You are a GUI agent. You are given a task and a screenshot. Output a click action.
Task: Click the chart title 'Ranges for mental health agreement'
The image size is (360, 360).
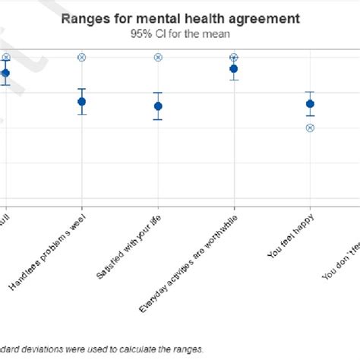pyautogui.click(x=180, y=17)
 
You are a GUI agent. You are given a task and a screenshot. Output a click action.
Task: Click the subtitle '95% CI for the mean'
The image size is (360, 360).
pyautogui.click(x=180, y=33)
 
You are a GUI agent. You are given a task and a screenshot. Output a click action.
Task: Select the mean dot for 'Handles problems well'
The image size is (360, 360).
pyautogui.click(x=82, y=102)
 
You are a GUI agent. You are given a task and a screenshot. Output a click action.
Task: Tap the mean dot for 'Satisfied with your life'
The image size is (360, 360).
pyautogui.click(x=158, y=106)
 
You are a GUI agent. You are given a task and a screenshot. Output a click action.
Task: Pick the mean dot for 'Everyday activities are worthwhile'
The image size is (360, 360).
pyautogui.click(x=234, y=69)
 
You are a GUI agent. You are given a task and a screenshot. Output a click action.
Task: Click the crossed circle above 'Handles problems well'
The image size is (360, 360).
pyautogui.click(x=82, y=58)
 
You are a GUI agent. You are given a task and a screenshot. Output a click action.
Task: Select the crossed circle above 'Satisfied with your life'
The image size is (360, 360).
pyautogui.click(x=158, y=58)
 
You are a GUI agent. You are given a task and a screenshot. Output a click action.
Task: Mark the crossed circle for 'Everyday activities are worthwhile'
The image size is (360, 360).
pyautogui.click(x=234, y=58)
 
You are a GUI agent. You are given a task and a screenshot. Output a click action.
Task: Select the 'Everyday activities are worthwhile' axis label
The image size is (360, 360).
pyautogui.click(x=188, y=262)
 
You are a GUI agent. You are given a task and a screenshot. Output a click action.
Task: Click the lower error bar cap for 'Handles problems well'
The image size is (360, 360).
pyautogui.click(x=82, y=115)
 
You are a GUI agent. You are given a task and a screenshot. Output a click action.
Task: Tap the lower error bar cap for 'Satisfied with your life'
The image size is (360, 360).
pyautogui.click(x=158, y=120)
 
